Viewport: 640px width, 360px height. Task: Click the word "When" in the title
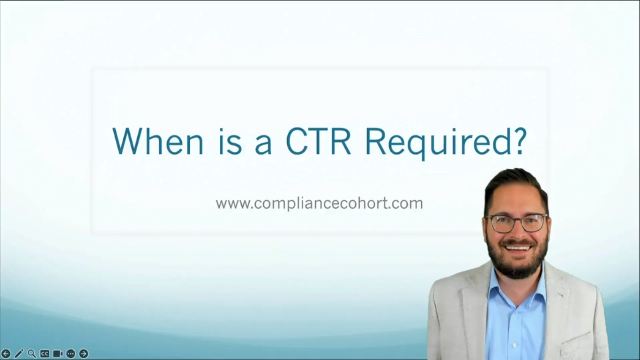157,141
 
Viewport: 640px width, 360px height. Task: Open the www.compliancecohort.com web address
319,203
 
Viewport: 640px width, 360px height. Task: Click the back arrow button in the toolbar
6,353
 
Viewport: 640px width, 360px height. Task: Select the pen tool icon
19,353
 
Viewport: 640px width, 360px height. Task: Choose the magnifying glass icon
32,353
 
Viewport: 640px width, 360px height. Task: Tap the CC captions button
45,353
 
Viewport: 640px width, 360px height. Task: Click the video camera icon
58,353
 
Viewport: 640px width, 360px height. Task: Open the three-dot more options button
71,353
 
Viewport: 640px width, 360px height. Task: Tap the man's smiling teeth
518,247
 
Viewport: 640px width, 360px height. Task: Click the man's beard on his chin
518,267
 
